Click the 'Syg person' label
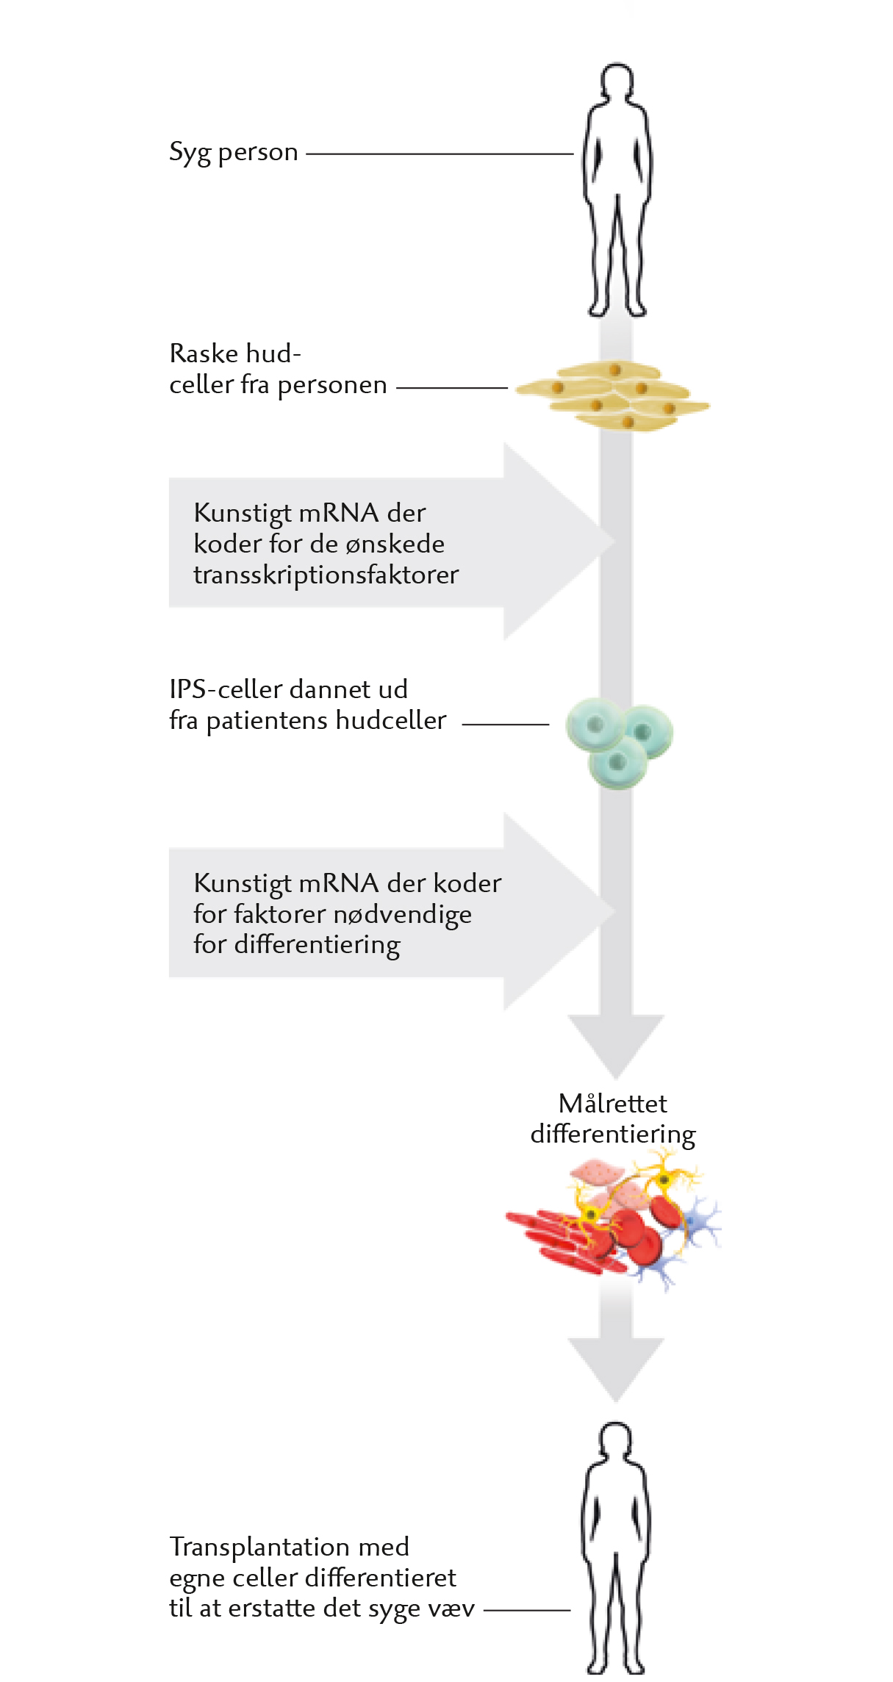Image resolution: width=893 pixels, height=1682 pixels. click(x=234, y=153)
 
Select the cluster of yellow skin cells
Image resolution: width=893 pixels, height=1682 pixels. click(x=613, y=395)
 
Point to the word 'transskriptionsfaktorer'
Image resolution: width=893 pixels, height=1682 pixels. click(x=326, y=575)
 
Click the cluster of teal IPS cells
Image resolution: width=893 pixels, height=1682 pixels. click(x=619, y=743)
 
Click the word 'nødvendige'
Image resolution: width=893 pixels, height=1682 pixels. click(x=403, y=915)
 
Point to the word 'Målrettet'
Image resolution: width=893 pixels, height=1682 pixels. click(x=613, y=1103)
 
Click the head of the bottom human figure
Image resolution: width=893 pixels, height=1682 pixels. click(x=616, y=1440)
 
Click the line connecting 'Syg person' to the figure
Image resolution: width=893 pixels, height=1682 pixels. click(x=440, y=154)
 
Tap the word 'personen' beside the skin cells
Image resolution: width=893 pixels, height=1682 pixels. click(x=332, y=386)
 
